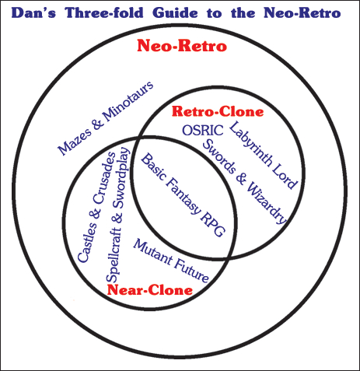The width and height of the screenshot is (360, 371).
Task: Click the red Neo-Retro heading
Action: (x=182, y=46)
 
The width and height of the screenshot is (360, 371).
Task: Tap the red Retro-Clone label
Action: (x=218, y=111)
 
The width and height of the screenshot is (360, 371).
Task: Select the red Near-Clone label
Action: (x=150, y=290)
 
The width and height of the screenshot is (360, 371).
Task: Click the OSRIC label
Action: (x=203, y=130)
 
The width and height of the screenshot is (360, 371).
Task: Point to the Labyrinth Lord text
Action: (x=263, y=155)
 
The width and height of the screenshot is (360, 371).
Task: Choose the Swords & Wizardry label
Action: (x=244, y=181)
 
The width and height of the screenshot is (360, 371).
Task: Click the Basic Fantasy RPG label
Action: (x=183, y=195)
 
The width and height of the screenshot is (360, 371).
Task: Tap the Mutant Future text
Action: (x=171, y=261)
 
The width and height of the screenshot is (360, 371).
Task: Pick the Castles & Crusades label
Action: (x=96, y=207)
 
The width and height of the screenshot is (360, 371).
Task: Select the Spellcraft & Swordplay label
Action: (x=118, y=215)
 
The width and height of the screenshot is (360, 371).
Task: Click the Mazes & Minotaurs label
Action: (x=105, y=118)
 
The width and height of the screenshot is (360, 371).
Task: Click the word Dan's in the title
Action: (x=33, y=12)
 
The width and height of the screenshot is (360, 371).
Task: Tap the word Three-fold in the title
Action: (x=104, y=12)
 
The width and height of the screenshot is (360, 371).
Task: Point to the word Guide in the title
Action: (x=175, y=12)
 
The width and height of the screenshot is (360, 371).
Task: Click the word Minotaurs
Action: (x=128, y=101)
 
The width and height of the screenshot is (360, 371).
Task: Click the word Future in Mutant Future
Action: (x=191, y=271)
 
